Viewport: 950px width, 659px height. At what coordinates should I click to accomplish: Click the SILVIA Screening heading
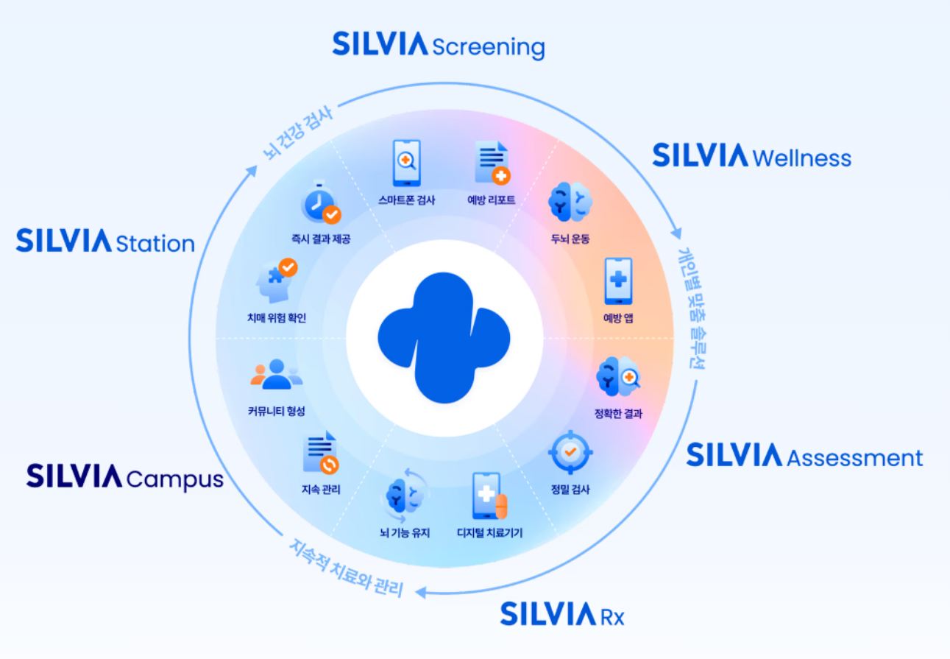tap(439, 46)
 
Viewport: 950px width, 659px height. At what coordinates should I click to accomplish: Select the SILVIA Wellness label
tap(751, 156)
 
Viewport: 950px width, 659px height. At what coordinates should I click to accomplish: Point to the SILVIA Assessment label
tap(804, 457)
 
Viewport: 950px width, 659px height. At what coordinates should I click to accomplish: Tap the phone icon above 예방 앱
tap(619, 281)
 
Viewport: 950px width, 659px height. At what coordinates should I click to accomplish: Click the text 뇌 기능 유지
tap(403, 532)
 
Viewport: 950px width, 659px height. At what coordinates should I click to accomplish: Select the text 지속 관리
tap(321, 489)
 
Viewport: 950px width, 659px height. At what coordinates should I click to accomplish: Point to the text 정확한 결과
tap(619, 413)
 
